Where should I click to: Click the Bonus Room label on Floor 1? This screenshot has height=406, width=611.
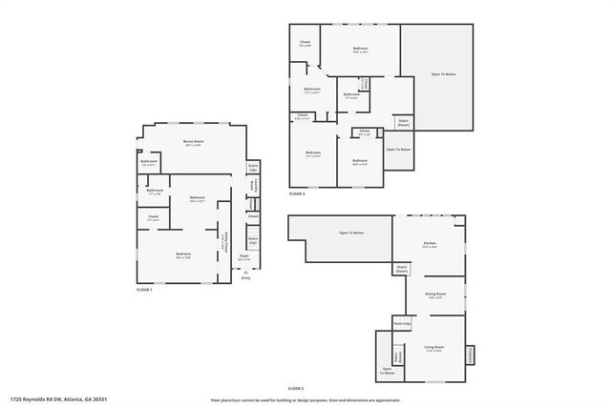194,143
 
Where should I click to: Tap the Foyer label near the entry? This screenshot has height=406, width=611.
243,256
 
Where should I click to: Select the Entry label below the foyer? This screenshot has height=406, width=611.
245,278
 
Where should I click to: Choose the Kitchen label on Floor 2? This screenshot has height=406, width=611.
430,245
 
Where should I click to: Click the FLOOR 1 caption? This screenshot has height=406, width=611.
144,289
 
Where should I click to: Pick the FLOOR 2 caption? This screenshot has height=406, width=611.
296,389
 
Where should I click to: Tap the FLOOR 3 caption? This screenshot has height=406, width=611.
297,193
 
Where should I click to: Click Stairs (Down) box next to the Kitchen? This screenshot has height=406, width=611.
402,269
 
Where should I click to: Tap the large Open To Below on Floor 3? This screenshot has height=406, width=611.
437,73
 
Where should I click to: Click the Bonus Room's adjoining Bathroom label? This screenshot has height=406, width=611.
149,162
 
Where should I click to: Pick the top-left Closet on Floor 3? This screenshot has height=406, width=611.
305,43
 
